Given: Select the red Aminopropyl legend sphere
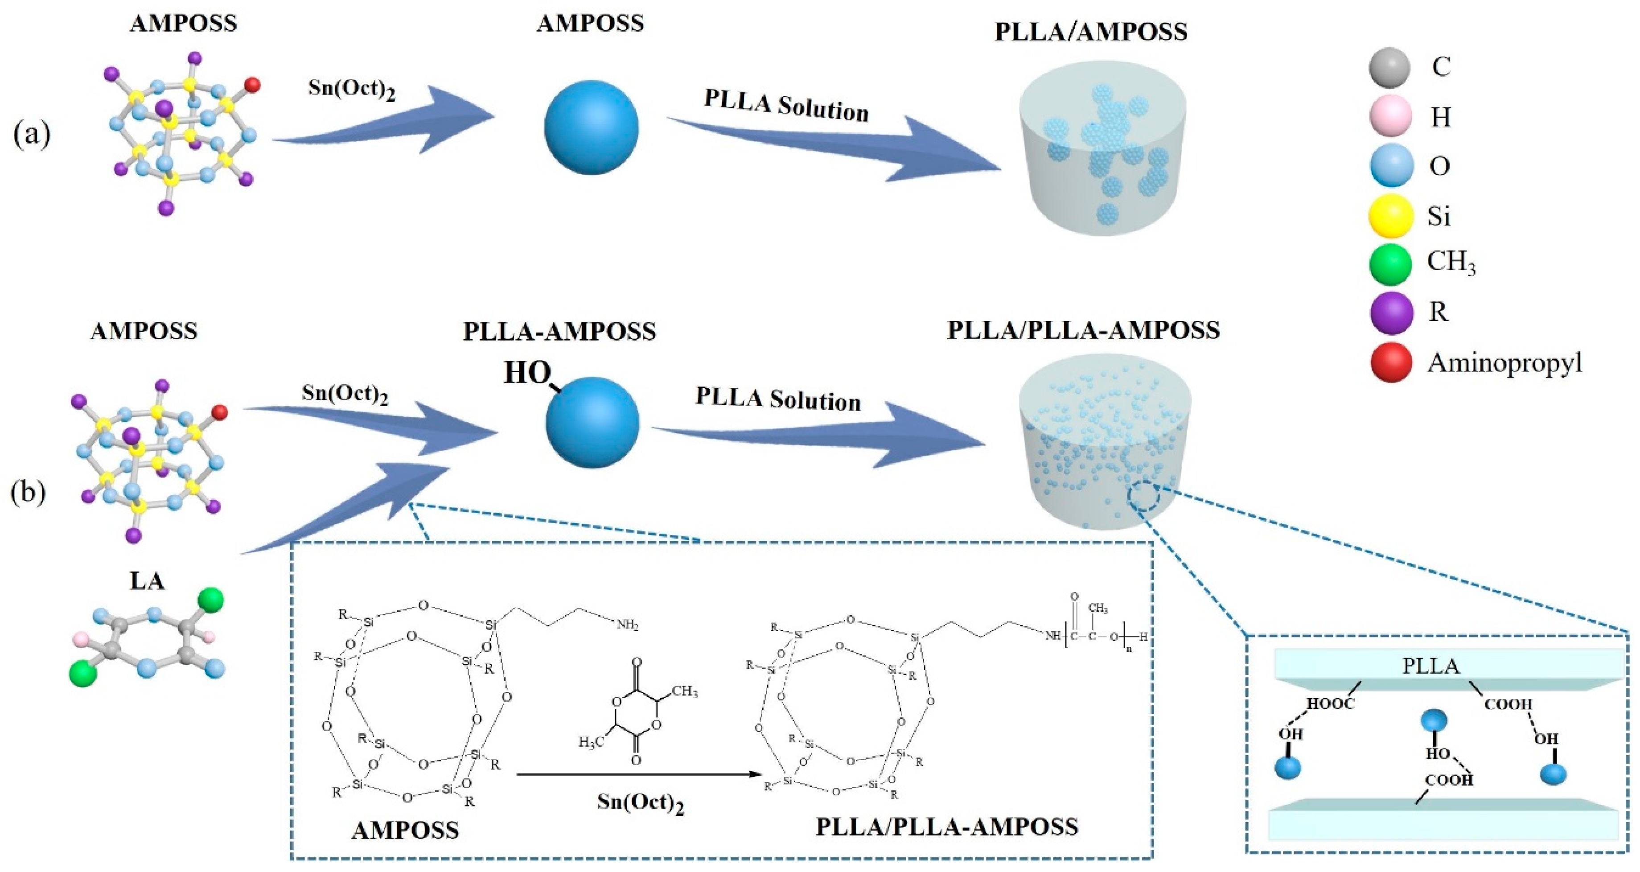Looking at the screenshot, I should (1391, 363).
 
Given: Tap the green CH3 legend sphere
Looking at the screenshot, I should (1391, 264).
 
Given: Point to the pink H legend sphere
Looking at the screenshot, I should (1391, 116).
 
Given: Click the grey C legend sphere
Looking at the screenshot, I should (1391, 67).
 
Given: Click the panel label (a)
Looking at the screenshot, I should (32, 135).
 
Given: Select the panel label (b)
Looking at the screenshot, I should (29, 493).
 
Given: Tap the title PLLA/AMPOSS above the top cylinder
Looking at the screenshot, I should (1090, 32).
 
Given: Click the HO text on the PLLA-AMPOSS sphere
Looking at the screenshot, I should (527, 373).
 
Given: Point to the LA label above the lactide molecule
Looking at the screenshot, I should (147, 581).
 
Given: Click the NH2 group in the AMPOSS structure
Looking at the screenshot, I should (627, 625).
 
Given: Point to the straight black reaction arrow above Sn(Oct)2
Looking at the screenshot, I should (639, 775).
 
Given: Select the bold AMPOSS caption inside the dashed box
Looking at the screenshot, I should (405, 830).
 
